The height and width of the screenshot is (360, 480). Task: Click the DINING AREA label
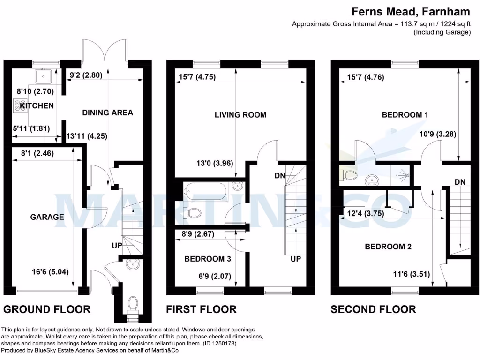107,112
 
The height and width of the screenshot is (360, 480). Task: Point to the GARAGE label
47,217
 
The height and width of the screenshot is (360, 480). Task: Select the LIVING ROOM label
240,115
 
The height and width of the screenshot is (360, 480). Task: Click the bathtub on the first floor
205,190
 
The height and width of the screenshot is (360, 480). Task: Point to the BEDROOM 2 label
388,247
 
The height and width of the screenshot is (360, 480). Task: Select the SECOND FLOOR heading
373,309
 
